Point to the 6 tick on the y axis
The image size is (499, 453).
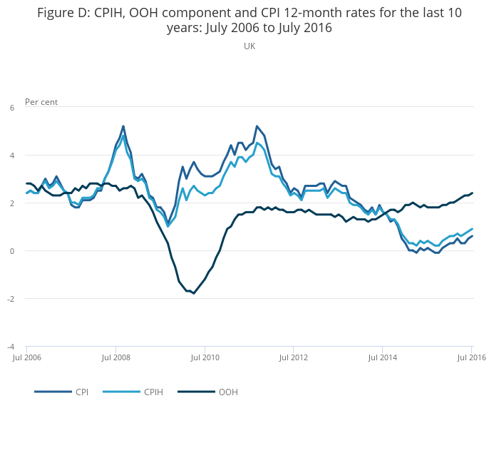pos(12,108)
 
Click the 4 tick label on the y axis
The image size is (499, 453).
pos(12,156)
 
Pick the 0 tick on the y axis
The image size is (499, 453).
pos(12,251)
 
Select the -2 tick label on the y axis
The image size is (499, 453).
pos(11,299)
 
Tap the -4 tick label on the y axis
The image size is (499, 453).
pos(11,347)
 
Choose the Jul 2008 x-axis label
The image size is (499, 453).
pos(115,357)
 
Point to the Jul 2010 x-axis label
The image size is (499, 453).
pos(205,357)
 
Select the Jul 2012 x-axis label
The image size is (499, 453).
pos(294,357)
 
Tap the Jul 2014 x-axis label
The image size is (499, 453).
pos(383,357)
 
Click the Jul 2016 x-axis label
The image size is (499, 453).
pos(470,357)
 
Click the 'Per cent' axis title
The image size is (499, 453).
pos(41,102)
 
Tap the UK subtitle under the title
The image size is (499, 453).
pos(249,46)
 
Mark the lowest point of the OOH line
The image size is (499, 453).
pos(193,293)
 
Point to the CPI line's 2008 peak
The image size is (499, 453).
pos(123,126)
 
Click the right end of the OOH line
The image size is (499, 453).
pos(472,193)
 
